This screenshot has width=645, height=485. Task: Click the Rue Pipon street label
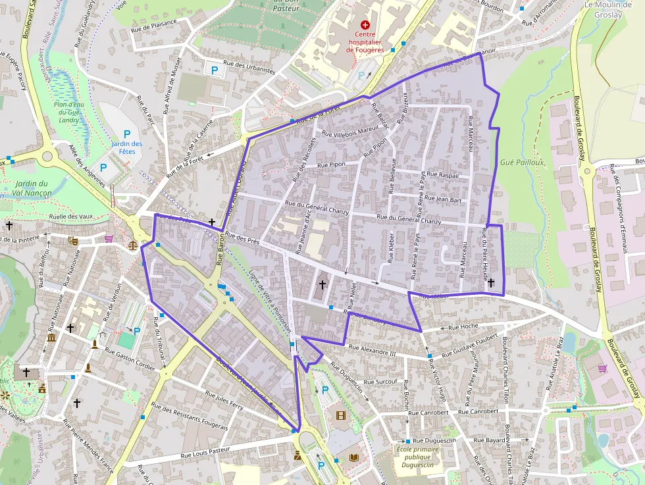[x=331, y=165]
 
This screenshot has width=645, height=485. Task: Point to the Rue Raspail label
[x=443, y=175]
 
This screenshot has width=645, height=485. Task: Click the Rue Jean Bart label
[x=443, y=198]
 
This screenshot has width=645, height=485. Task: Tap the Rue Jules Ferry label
[x=224, y=401]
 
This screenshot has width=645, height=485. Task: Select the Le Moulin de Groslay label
[x=608, y=9]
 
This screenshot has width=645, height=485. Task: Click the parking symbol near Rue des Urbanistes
[x=214, y=68]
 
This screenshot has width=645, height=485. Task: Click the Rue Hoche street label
[x=463, y=326]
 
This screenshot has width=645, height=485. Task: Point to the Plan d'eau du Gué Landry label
[x=68, y=112]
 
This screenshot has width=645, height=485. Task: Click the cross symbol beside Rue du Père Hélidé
[x=491, y=282]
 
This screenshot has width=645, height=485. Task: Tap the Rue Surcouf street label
[x=380, y=382]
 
